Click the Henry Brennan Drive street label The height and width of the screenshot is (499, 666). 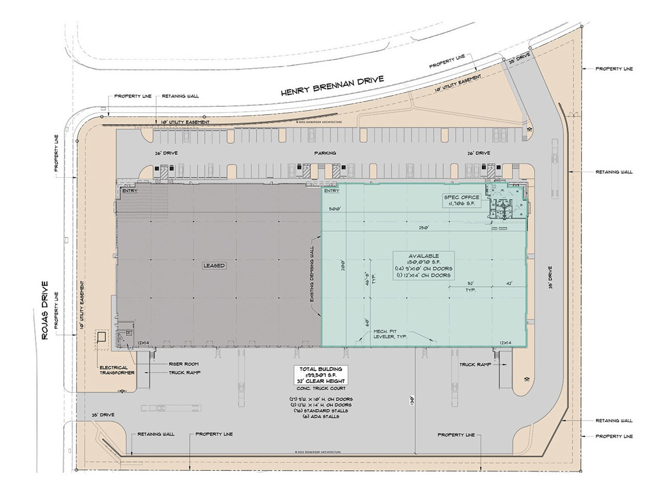click(x=332, y=86)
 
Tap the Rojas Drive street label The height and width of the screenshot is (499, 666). click(x=45, y=310)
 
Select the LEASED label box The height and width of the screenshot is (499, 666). click(x=214, y=265)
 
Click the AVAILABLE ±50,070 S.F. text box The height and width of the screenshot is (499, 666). click(x=424, y=265)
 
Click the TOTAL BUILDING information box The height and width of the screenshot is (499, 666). click(x=321, y=375)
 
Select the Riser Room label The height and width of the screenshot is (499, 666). click(x=184, y=364)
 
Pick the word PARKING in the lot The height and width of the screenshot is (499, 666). click(x=325, y=153)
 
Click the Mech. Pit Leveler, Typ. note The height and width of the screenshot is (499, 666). click(x=390, y=334)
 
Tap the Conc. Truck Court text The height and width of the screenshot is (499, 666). click(x=321, y=388)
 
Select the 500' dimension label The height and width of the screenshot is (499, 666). click(x=335, y=209)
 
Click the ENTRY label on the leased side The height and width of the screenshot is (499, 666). click(x=129, y=190)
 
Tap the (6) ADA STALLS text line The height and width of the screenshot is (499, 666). click(x=321, y=416)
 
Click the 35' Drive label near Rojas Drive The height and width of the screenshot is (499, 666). click(x=103, y=415)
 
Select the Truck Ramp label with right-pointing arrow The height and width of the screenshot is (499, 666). click(x=476, y=364)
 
